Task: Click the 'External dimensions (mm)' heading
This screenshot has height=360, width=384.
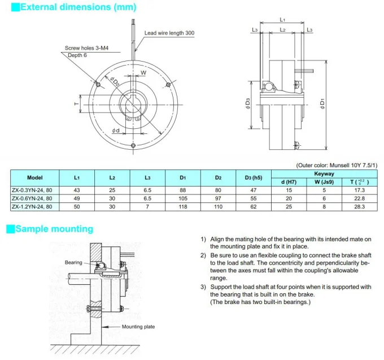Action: pos(69,7)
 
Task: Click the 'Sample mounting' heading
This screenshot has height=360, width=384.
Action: pos(54,229)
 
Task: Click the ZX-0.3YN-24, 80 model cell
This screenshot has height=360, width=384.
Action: pos(35,189)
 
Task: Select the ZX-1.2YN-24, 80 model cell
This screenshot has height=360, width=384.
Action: pos(35,207)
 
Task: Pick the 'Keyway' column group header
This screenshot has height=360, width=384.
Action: pos(324,174)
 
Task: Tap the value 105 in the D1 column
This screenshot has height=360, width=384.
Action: pos(182,198)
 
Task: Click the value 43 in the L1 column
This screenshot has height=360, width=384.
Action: pos(76,189)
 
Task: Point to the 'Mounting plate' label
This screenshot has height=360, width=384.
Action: pos(138,327)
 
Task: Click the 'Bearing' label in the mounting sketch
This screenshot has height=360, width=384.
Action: pos(73,262)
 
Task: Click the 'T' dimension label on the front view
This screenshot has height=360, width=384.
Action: pos(75,104)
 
